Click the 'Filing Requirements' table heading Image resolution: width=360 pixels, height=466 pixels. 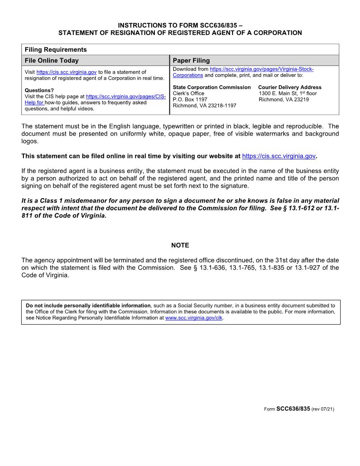pos(56,49)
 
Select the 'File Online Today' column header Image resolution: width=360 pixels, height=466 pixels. pos(52,60)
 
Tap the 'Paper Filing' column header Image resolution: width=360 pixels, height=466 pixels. pos(191,60)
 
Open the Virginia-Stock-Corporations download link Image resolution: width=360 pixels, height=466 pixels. pos(262,69)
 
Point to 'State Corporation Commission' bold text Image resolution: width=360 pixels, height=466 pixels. pos(212,87)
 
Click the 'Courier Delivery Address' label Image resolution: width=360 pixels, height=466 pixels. pos(290,87)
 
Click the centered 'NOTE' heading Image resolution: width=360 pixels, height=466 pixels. pos(180,245)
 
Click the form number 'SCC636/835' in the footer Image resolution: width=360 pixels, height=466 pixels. pos(293,409)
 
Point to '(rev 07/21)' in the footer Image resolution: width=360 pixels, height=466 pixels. pos(322,410)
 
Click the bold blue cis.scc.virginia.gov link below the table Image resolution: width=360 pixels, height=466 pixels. pos(279,156)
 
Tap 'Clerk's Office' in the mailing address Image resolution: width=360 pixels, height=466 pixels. pos(188,94)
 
